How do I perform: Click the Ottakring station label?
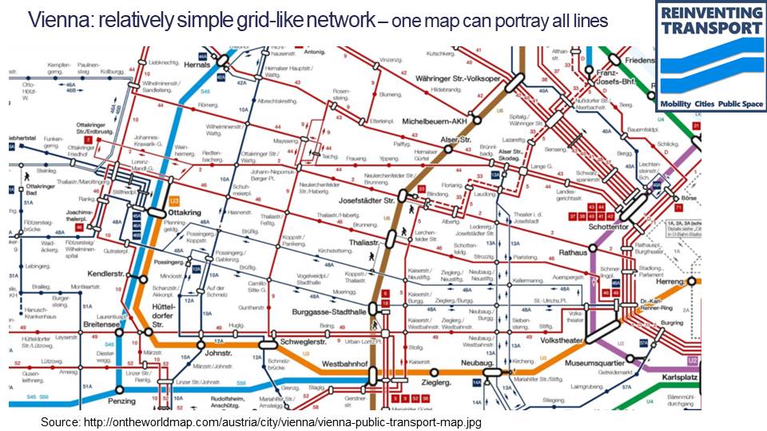click(185, 213)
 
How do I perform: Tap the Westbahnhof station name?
click(344, 363)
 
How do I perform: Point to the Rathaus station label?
click(572, 253)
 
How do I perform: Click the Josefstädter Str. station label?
click(368, 200)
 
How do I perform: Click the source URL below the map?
click(261, 421)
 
